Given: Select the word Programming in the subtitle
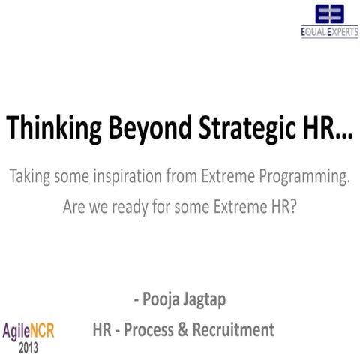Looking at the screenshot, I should [x=303, y=178].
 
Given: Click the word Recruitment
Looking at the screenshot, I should [x=233, y=329].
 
